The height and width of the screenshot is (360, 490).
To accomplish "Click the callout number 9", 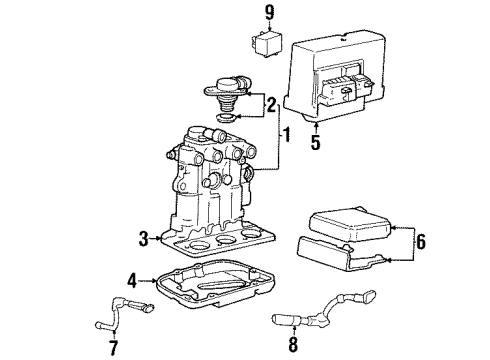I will [268, 13].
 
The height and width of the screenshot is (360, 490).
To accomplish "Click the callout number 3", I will [143, 238].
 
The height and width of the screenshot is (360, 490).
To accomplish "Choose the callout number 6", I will [112, 347].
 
